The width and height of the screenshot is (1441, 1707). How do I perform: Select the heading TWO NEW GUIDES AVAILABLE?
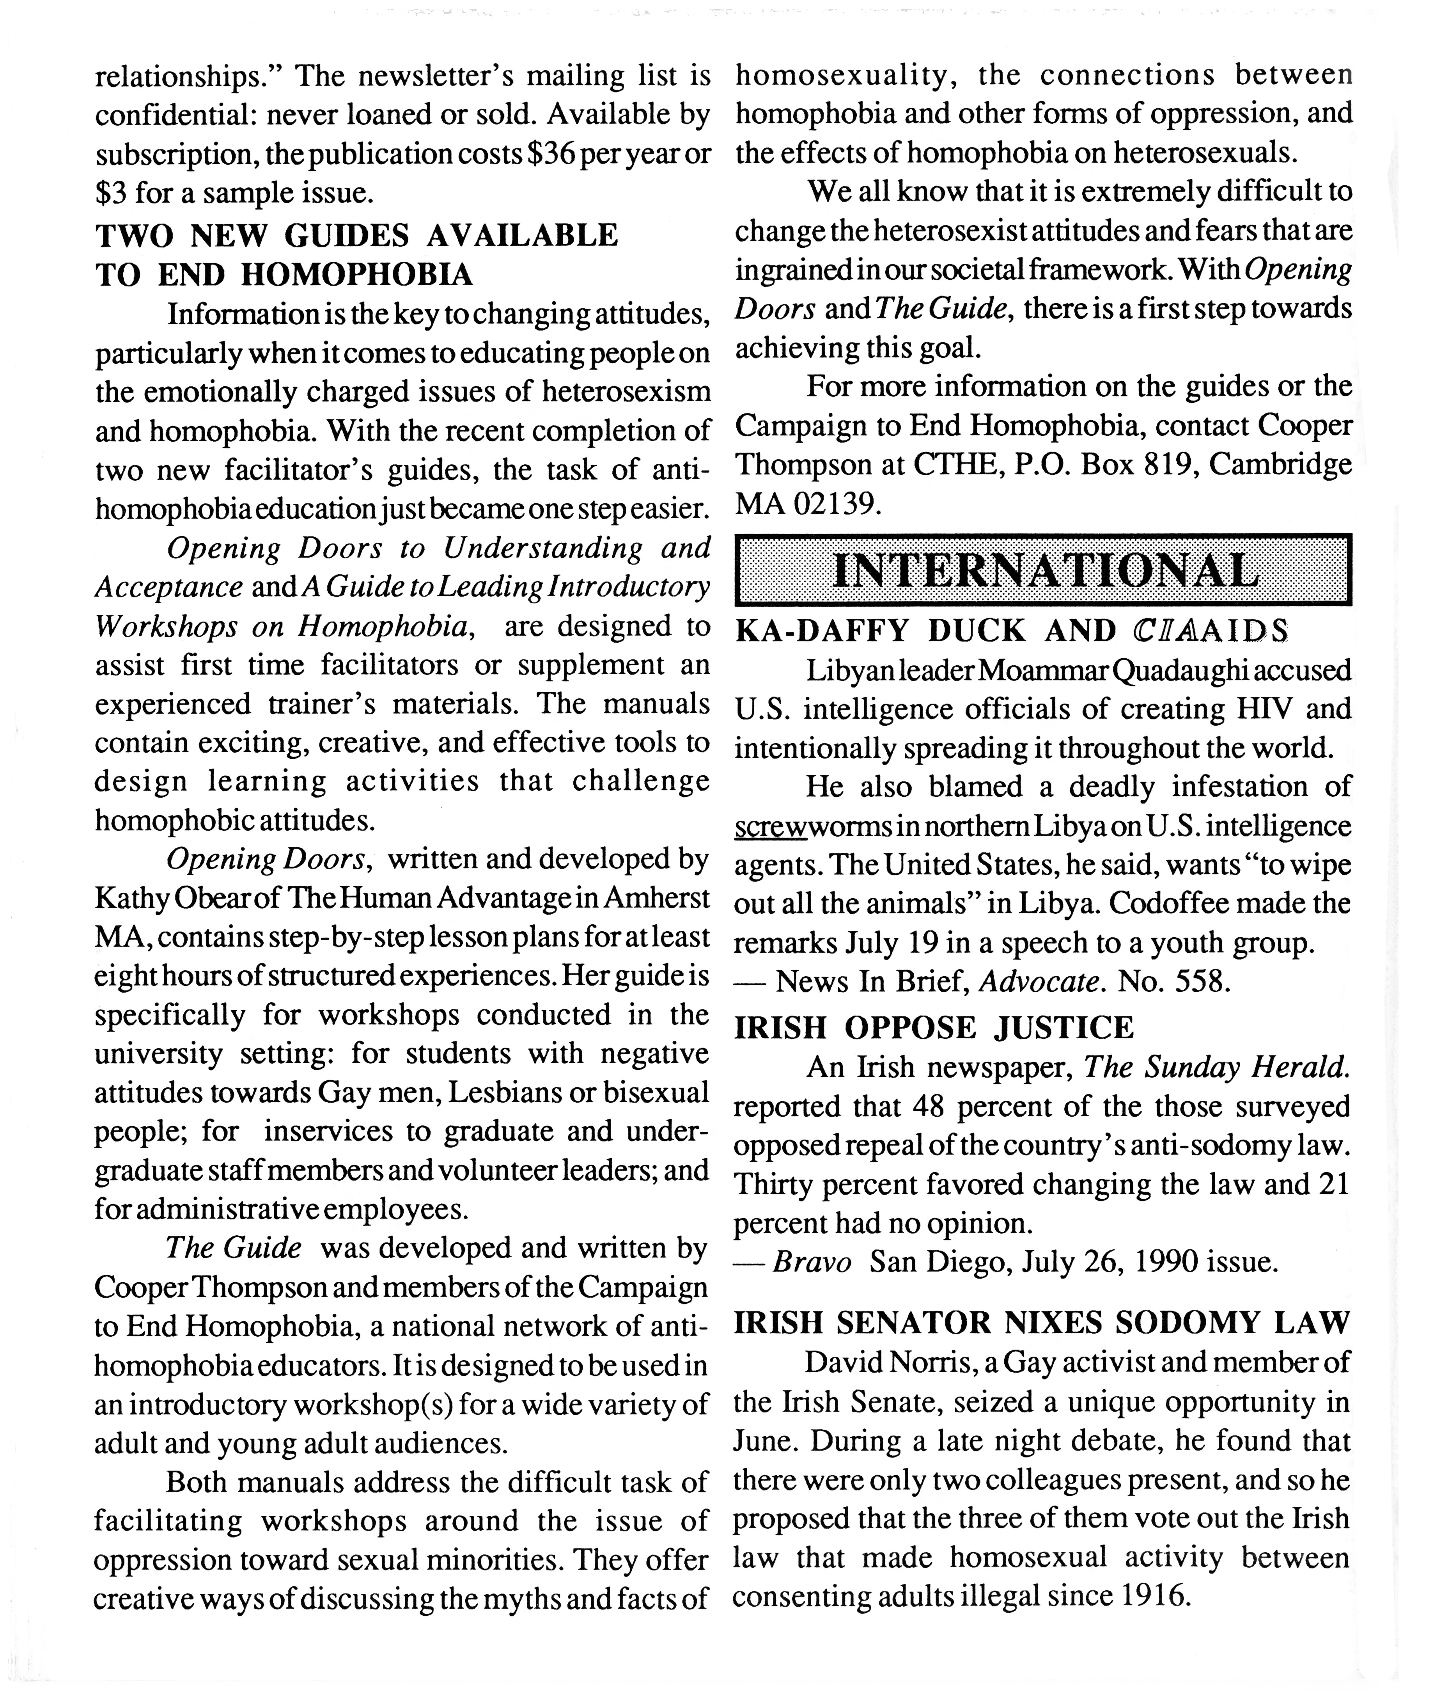(x=357, y=235)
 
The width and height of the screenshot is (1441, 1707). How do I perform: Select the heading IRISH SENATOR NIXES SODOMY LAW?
(x=1042, y=1323)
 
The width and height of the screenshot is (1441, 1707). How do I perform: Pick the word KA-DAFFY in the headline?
(x=822, y=631)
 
